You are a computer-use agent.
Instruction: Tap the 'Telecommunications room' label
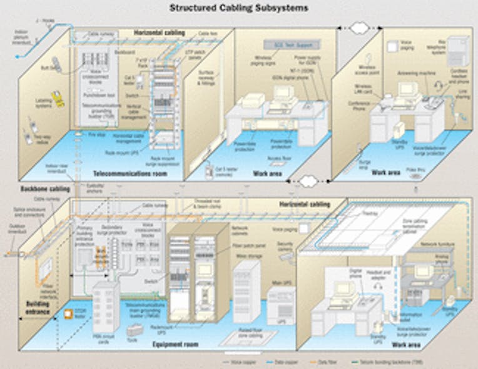tap(130, 173)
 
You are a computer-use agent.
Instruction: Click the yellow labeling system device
tap(59, 100)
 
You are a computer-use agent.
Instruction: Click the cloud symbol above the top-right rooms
tap(361, 29)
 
